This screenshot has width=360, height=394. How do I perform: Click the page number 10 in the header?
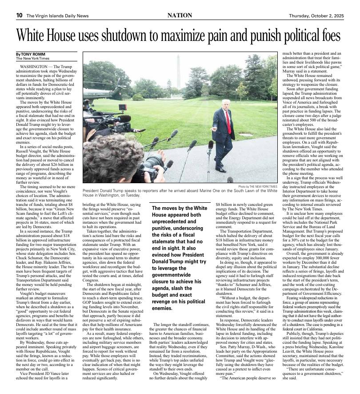20,16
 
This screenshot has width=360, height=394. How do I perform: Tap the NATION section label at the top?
180,16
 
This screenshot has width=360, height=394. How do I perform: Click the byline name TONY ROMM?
30,54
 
